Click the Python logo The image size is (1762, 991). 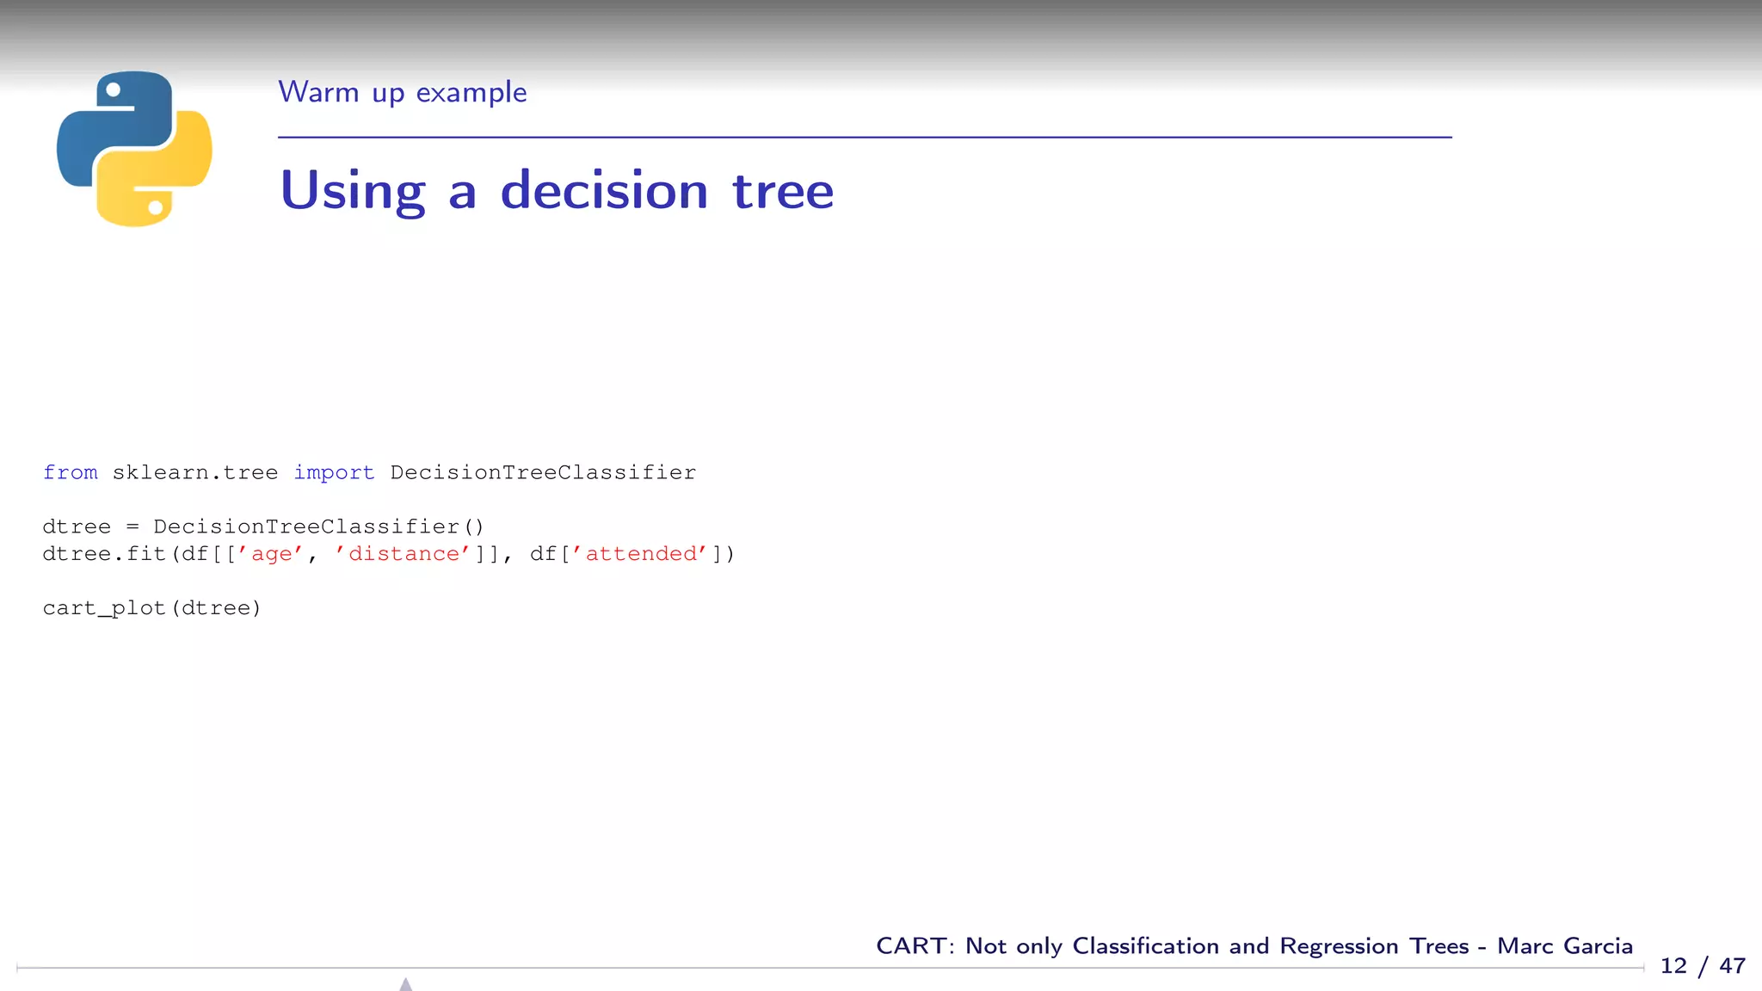(134, 149)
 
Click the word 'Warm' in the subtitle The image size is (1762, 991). (318, 92)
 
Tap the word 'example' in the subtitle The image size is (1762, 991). (471, 92)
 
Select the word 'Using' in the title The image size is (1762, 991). (353, 191)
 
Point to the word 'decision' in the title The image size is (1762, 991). (604, 191)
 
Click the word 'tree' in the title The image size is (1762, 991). (783, 191)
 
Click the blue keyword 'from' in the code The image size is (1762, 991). (71, 472)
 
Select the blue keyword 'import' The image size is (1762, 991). (334, 472)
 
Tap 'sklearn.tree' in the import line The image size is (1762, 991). (195, 472)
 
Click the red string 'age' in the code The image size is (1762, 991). (271, 554)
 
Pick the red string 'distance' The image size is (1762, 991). (404, 554)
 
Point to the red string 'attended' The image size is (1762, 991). (641, 554)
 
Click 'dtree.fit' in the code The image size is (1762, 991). (104, 554)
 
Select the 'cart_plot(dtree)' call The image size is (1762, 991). (151, 608)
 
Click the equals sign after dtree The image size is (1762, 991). (132, 526)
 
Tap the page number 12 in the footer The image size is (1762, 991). (1673, 966)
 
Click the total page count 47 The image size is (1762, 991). (1732, 966)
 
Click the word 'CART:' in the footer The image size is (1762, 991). (915, 946)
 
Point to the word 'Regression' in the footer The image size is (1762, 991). (1339, 946)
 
